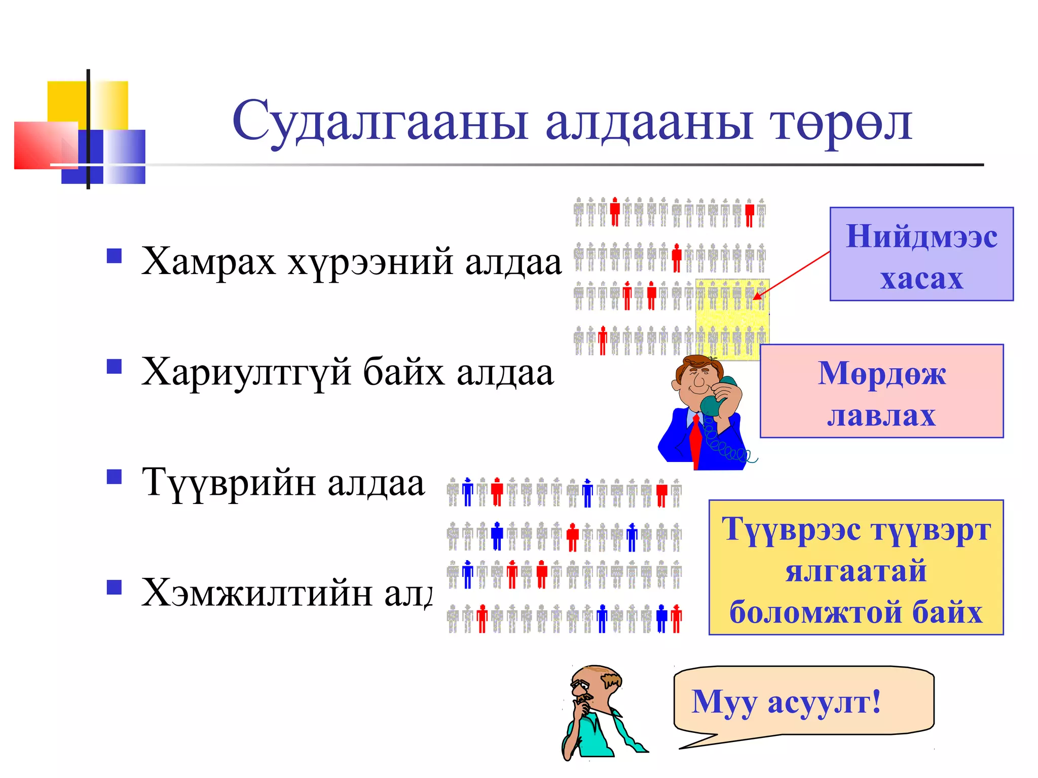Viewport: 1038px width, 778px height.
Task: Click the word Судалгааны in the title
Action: click(x=380, y=122)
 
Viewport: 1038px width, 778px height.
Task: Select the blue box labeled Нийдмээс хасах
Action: click(x=921, y=254)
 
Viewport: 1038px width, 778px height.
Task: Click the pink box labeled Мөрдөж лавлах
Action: click(x=881, y=391)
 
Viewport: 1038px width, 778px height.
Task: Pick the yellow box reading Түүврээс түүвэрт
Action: click(x=856, y=567)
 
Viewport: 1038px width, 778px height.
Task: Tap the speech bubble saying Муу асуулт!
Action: click(x=803, y=701)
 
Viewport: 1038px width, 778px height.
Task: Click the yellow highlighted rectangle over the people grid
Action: click(x=732, y=319)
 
